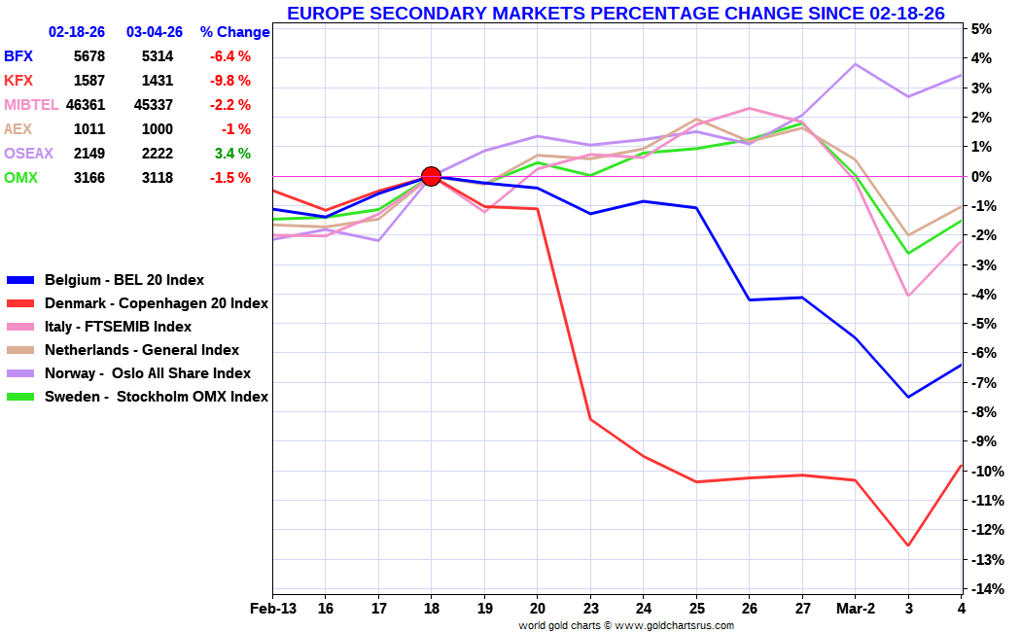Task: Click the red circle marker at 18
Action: (x=431, y=176)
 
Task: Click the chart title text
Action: (x=616, y=13)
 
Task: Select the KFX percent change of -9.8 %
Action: (x=229, y=81)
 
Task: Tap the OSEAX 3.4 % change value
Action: (x=231, y=154)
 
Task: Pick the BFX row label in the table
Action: (x=18, y=56)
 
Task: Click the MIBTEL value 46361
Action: (x=86, y=105)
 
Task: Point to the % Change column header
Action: (x=234, y=32)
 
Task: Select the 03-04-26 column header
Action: (x=155, y=32)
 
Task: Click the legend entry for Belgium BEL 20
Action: (x=124, y=280)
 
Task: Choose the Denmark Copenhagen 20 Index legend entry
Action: (x=156, y=303)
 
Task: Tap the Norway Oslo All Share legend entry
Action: (x=147, y=373)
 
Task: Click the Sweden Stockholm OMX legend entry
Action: (x=156, y=397)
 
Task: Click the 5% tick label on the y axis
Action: (x=981, y=29)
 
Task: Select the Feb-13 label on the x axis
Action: (x=273, y=609)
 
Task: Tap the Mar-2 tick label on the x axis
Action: (x=855, y=609)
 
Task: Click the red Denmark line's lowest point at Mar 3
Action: (x=908, y=545)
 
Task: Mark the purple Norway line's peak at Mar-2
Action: (x=855, y=64)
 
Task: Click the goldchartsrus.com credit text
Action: (x=625, y=625)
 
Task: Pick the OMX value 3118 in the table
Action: (x=156, y=178)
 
